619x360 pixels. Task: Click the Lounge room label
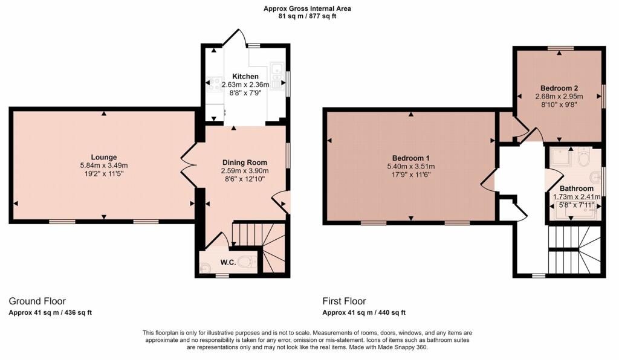click(x=104, y=157)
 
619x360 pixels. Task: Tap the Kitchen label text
click(x=245, y=77)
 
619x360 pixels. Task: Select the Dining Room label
click(x=245, y=162)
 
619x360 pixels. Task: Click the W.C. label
click(x=228, y=262)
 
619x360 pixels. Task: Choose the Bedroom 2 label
click(x=559, y=88)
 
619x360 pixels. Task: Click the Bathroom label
click(x=576, y=188)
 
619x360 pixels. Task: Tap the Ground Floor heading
click(x=37, y=301)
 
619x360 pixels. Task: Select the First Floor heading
click(x=344, y=301)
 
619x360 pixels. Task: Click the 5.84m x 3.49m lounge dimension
click(x=104, y=166)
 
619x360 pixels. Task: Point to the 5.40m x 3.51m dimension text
click(x=411, y=166)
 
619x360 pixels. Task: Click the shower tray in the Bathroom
click(x=561, y=157)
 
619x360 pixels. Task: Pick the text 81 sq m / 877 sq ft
click(x=306, y=16)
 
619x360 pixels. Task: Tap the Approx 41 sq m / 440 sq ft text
click(x=364, y=313)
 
